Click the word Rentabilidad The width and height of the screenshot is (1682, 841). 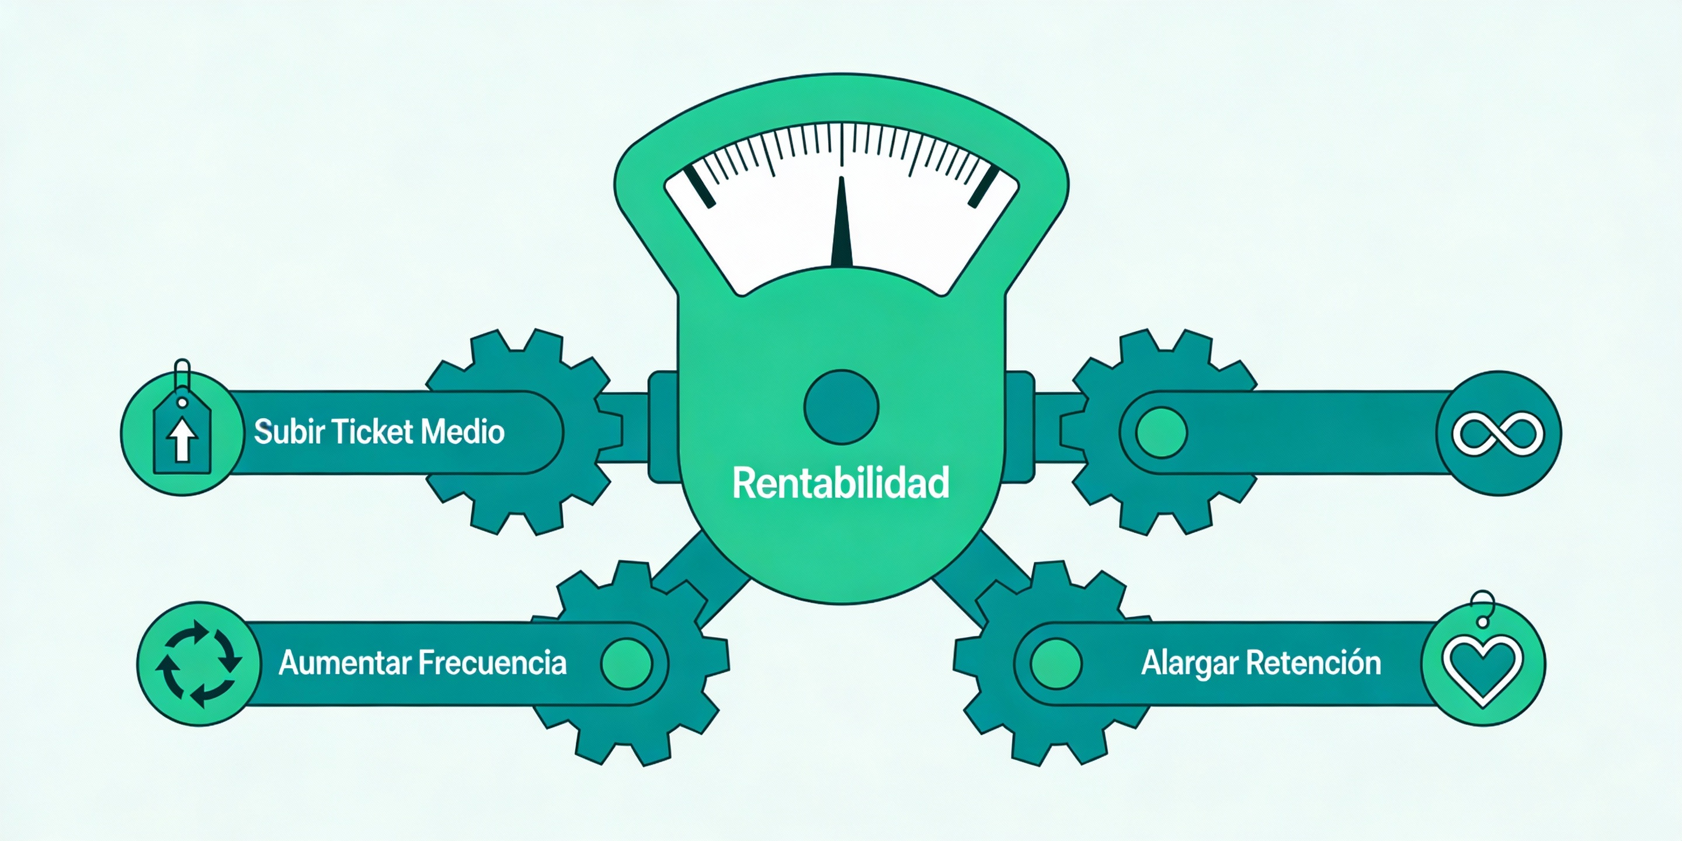coord(840,483)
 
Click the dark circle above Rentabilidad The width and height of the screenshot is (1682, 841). coord(841,407)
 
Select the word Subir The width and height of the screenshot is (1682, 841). coord(289,432)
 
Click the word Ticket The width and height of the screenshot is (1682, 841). coord(372,432)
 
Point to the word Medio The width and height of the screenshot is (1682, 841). coord(463,432)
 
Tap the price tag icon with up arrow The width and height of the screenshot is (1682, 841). coord(182,434)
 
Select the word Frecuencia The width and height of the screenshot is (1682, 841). coord(492,663)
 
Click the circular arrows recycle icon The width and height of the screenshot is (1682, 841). coord(199,663)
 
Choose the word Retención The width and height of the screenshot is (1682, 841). coord(1313,663)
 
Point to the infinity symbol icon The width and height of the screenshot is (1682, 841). coord(1498,433)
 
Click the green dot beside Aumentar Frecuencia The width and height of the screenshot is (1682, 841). coord(626,663)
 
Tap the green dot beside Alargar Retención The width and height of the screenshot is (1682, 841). coord(1056,663)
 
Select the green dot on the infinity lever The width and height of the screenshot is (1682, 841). coord(1161,432)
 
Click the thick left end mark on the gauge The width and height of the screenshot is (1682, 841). coord(699,186)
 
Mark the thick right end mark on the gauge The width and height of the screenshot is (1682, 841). coord(984,186)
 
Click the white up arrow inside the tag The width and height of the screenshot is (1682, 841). coord(182,439)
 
